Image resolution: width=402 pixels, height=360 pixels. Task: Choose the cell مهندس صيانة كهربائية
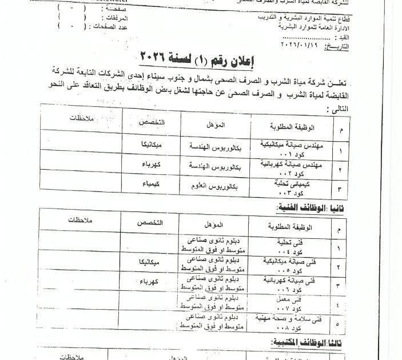[x=292, y=167]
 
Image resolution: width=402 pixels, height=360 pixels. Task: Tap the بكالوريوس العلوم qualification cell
[x=212, y=187]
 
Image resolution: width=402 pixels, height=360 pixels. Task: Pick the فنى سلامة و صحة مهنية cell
[x=291, y=324]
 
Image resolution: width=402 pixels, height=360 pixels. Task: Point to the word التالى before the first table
[x=335, y=108]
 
